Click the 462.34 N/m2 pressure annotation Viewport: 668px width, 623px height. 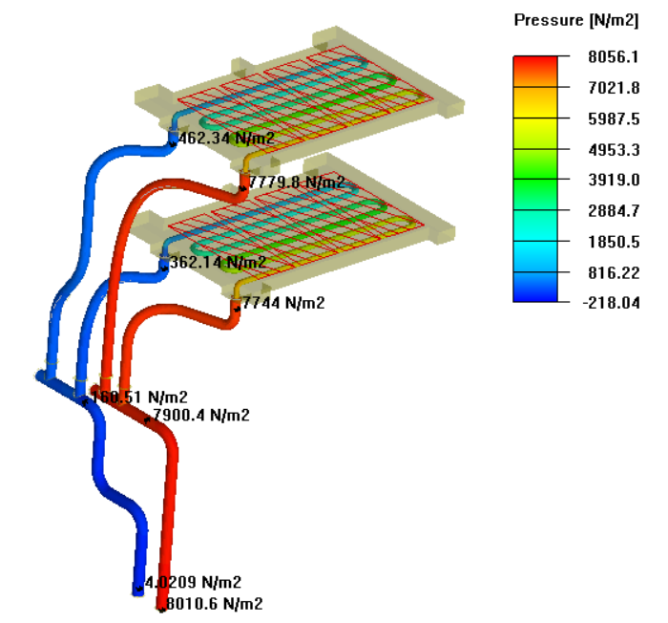227,138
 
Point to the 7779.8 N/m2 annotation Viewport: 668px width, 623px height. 297,182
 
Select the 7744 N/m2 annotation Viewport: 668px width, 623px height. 284,303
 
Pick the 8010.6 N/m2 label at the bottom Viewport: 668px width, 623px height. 215,603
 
